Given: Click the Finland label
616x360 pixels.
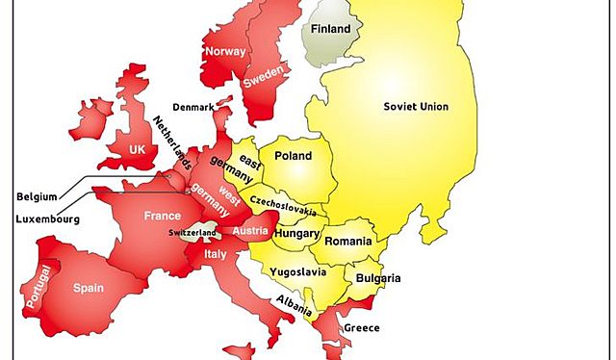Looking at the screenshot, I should pos(330,29).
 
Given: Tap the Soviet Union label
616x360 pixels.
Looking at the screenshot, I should pos(416,106).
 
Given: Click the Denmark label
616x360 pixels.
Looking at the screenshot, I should pos(194,106).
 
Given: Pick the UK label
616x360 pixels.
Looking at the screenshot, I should pos(138,150).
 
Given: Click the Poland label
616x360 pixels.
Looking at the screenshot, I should pos(294,155).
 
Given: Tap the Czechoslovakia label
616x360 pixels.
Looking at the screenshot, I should pos(288,207).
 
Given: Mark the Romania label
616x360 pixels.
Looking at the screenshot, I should pos(347,241).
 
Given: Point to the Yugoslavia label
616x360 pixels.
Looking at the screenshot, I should pos(300,272).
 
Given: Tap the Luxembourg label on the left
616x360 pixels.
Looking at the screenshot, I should pos(47,219).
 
